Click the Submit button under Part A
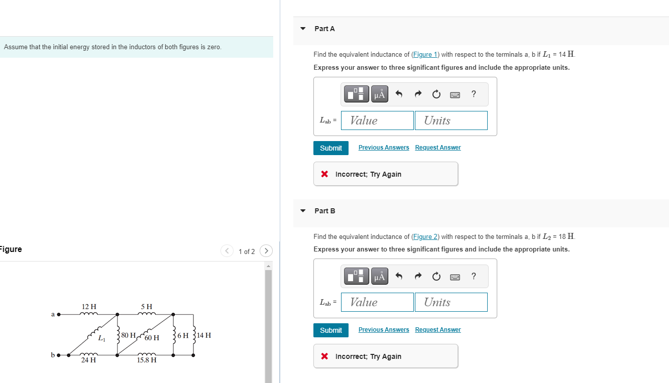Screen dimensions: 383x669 pyautogui.click(x=330, y=148)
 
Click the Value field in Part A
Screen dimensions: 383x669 pyautogui.click(x=377, y=120)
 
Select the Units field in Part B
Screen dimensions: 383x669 pyautogui.click(x=451, y=302)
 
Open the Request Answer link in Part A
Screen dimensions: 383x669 pyautogui.click(x=437, y=148)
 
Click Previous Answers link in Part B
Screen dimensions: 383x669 pyautogui.click(x=384, y=330)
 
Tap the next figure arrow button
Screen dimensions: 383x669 pyautogui.click(x=266, y=251)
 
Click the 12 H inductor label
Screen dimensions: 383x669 pyautogui.click(x=89, y=307)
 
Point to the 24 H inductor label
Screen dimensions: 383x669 pyautogui.click(x=89, y=360)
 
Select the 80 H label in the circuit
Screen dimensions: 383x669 pyautogui.click(x=128, y=335)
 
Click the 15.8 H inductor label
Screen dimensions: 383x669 pyautogui.click(x=147, y=360)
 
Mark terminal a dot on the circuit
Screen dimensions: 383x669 pyautogui.click(x=58, y=315)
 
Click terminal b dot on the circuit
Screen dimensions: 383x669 pyautogui.click(x=58, y=355)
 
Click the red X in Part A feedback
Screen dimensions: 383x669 pyautogui.click(x=324, y=174)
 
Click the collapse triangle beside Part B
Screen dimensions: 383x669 pyautogui.click(x=303, y=211)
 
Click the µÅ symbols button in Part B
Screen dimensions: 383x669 pyautogui.click(x=380, y=276)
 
